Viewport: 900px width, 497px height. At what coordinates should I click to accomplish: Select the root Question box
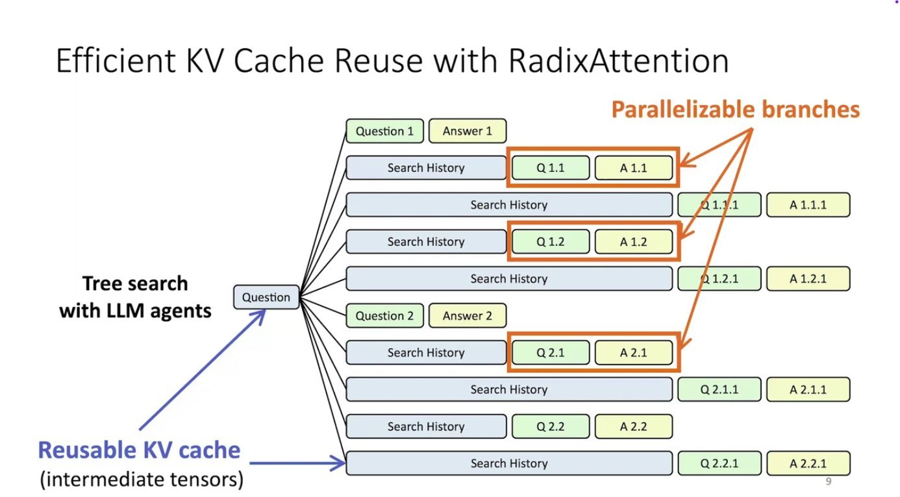266,298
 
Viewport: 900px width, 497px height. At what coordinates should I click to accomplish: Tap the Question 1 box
384,131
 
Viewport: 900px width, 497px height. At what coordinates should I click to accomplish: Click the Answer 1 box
467,131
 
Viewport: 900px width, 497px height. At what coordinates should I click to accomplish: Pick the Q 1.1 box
551,168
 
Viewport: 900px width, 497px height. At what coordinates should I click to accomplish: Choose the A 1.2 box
633,242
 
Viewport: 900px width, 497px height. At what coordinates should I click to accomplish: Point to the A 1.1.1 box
808,205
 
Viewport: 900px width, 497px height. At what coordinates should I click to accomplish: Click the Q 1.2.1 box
719,279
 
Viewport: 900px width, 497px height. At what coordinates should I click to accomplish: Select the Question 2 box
384,316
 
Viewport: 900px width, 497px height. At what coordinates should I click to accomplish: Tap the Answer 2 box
467,316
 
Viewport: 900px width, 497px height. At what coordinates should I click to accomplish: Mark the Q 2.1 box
551,353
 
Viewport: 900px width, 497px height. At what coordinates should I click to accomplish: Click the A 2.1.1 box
808,390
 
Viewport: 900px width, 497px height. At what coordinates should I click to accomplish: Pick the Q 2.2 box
551,427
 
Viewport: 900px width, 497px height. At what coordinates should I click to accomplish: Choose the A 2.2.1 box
808,464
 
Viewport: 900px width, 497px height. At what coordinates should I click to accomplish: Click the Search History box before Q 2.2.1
508,464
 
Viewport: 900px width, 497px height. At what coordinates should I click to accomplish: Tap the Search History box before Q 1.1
426,168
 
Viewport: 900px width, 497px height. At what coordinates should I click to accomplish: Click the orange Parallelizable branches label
735,109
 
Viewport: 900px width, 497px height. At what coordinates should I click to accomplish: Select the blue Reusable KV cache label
139,450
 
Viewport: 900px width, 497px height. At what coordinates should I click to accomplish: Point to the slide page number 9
828,481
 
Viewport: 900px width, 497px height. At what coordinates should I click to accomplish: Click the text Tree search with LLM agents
135,297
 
